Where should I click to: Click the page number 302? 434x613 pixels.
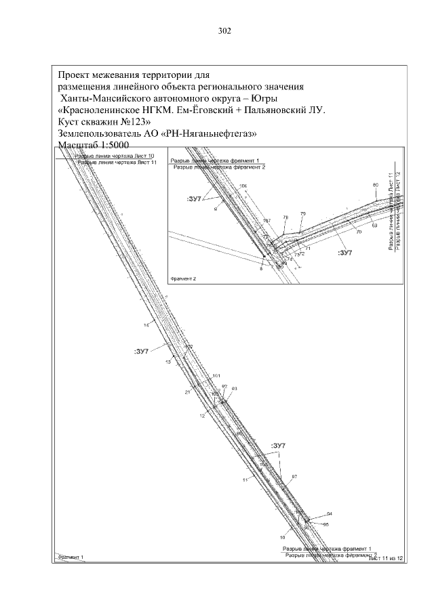pyautogui.click(x=225, y=30)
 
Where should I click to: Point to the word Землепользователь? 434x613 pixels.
pyautogui.click(x=100, y=134)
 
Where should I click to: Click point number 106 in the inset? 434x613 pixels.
pyautogui.click(x=243, y=186)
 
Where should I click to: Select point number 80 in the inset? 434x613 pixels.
pyautogui.click(x=375, y=185)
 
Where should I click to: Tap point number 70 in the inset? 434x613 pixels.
pyautogui.click(x=359, y=232)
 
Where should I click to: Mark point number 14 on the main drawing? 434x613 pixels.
pyautogui.click(x=146, y=326)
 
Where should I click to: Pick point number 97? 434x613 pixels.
pyautogui.click(x=294, y=478)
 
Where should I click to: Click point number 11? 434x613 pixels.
pyautogui.click(x=244, y=480)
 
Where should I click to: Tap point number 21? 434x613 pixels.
pyautogui.click(x=187, y=392)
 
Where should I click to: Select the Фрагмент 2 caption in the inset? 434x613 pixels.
pyautogui.click(x=184, y=278)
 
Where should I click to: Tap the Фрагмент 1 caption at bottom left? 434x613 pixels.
pyautogui.click(x=70, y=556)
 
